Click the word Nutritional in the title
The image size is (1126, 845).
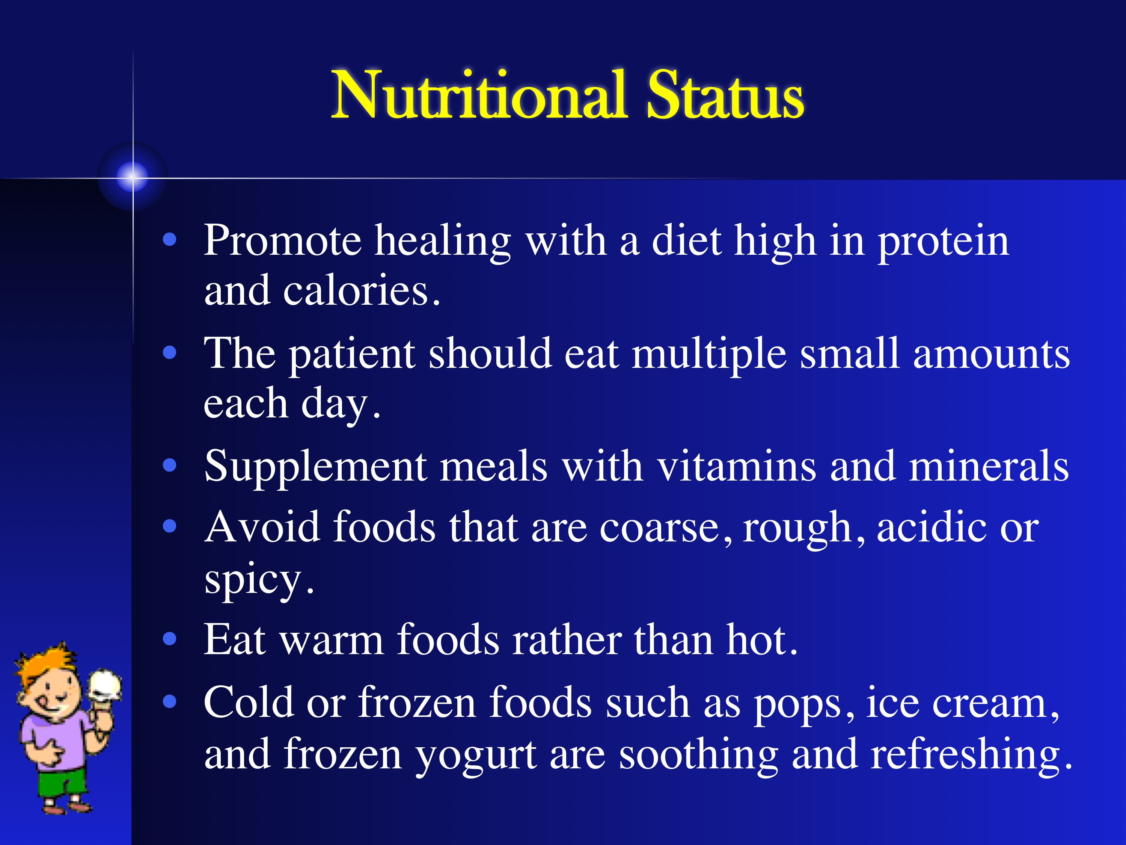[478, 96]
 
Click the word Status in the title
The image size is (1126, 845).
[725, 96]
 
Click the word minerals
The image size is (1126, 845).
[989, 466]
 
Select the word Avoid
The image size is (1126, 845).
[262, 527]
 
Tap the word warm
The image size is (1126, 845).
[332, 641]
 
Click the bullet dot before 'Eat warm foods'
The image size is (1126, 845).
[169, 639]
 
